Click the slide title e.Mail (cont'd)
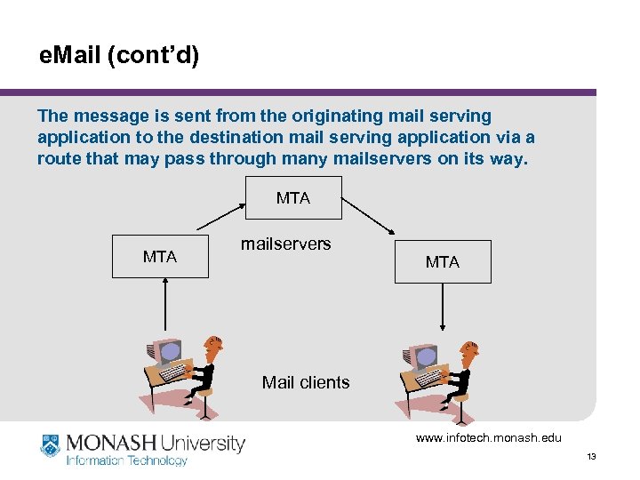(120, 57)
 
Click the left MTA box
(160, 257)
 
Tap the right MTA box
(443, 261)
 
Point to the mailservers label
(285, 244)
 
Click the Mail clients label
(306, 383)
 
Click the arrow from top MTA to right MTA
(368, 218)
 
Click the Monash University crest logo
(51, 445)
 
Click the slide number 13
(591, 457)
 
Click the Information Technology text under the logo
(127, 460)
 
